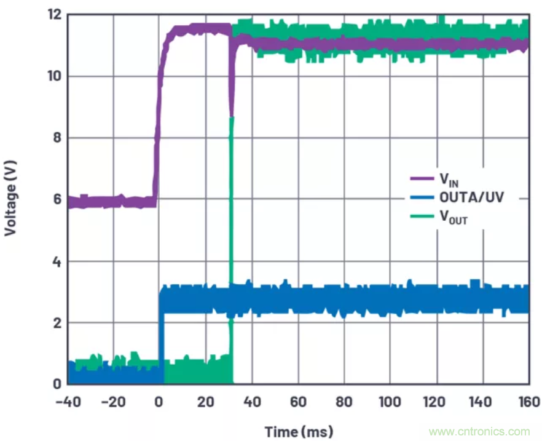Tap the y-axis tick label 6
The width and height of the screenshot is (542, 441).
(x=57, y=199)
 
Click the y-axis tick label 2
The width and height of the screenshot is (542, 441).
(x=57, y=323)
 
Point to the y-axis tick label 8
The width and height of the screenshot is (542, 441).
(x=57, y=138)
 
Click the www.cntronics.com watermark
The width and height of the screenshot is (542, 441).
(x=479, y=432)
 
